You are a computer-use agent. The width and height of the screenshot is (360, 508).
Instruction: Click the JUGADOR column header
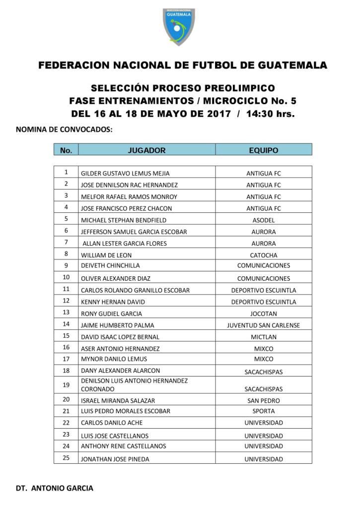tap(146, 150)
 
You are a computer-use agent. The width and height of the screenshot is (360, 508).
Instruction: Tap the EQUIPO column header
tap(263, 150)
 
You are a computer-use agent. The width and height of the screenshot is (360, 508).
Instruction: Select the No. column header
tap(66, 150)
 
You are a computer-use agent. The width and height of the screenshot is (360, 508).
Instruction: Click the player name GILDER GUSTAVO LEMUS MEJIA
tap(125, 174)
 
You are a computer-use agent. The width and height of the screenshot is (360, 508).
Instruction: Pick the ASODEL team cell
tap(263, 220)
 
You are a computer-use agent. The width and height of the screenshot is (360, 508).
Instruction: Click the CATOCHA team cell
tap(263, 255)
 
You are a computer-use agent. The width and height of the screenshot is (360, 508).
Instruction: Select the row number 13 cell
tap(66, 313)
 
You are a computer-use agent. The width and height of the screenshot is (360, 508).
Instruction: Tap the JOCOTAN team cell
tap(263, 314)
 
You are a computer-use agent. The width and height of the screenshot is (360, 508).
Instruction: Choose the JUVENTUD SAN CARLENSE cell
tap(263, 325)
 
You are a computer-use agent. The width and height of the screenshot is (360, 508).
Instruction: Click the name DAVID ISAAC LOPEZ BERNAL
tap(120, 337)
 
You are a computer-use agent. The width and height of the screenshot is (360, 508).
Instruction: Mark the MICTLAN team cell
tap(263, 337)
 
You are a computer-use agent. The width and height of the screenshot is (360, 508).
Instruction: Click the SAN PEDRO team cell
tap(263, 400)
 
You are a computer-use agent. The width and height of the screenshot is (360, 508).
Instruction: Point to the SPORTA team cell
tap(263, 411)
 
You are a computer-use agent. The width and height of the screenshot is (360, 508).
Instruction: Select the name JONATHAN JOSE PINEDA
tap(115, 459)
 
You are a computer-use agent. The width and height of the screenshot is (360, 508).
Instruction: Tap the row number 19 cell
tap(66, 384)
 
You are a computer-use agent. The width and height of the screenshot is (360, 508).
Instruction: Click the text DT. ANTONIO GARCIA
tap(54, 488)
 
